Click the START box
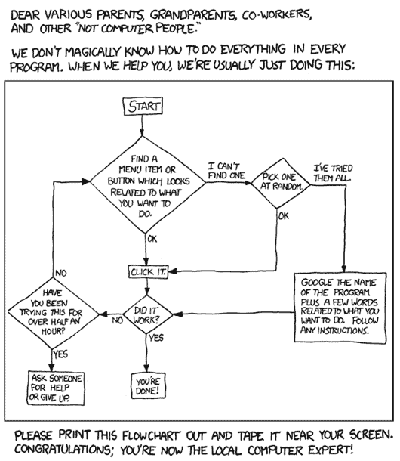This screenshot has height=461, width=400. (x=142, y=106)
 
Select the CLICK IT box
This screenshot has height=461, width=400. (x=149, y=272)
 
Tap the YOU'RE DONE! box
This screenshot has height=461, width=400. (x=148, y=385)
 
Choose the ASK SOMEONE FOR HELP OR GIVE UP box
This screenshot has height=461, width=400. (x=56, y=388)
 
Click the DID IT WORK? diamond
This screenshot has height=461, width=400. (x=148, y=314)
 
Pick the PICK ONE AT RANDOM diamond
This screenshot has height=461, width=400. (x=281, y=183)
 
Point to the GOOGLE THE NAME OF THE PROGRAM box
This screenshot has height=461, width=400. (x=340, y=308)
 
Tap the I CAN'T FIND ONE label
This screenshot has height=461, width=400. (x=226, y=171)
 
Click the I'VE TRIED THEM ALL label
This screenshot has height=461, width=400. (x=332, y=173)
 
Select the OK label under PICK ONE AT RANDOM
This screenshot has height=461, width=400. (x=284, y=216)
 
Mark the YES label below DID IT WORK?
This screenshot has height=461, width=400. (x=156, y=338)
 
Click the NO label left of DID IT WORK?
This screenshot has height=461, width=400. (x=118, y=320)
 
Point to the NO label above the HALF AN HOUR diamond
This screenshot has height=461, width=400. (x=61, y=273)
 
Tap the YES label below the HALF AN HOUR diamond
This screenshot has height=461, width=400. (x=60, y=354)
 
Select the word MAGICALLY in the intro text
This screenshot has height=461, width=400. (x=92, y=52)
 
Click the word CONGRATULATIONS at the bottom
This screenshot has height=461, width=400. (x=63, y=450)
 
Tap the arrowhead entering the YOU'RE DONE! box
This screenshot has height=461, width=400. (x=146, y=368)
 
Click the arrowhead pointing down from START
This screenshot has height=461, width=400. (x=142, y=132)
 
